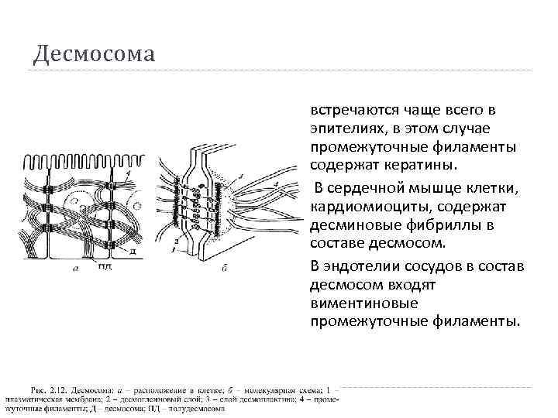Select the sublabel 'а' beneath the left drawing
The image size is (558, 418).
(x=74, y=268)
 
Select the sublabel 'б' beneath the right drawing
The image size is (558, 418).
(x=223, y=268)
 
